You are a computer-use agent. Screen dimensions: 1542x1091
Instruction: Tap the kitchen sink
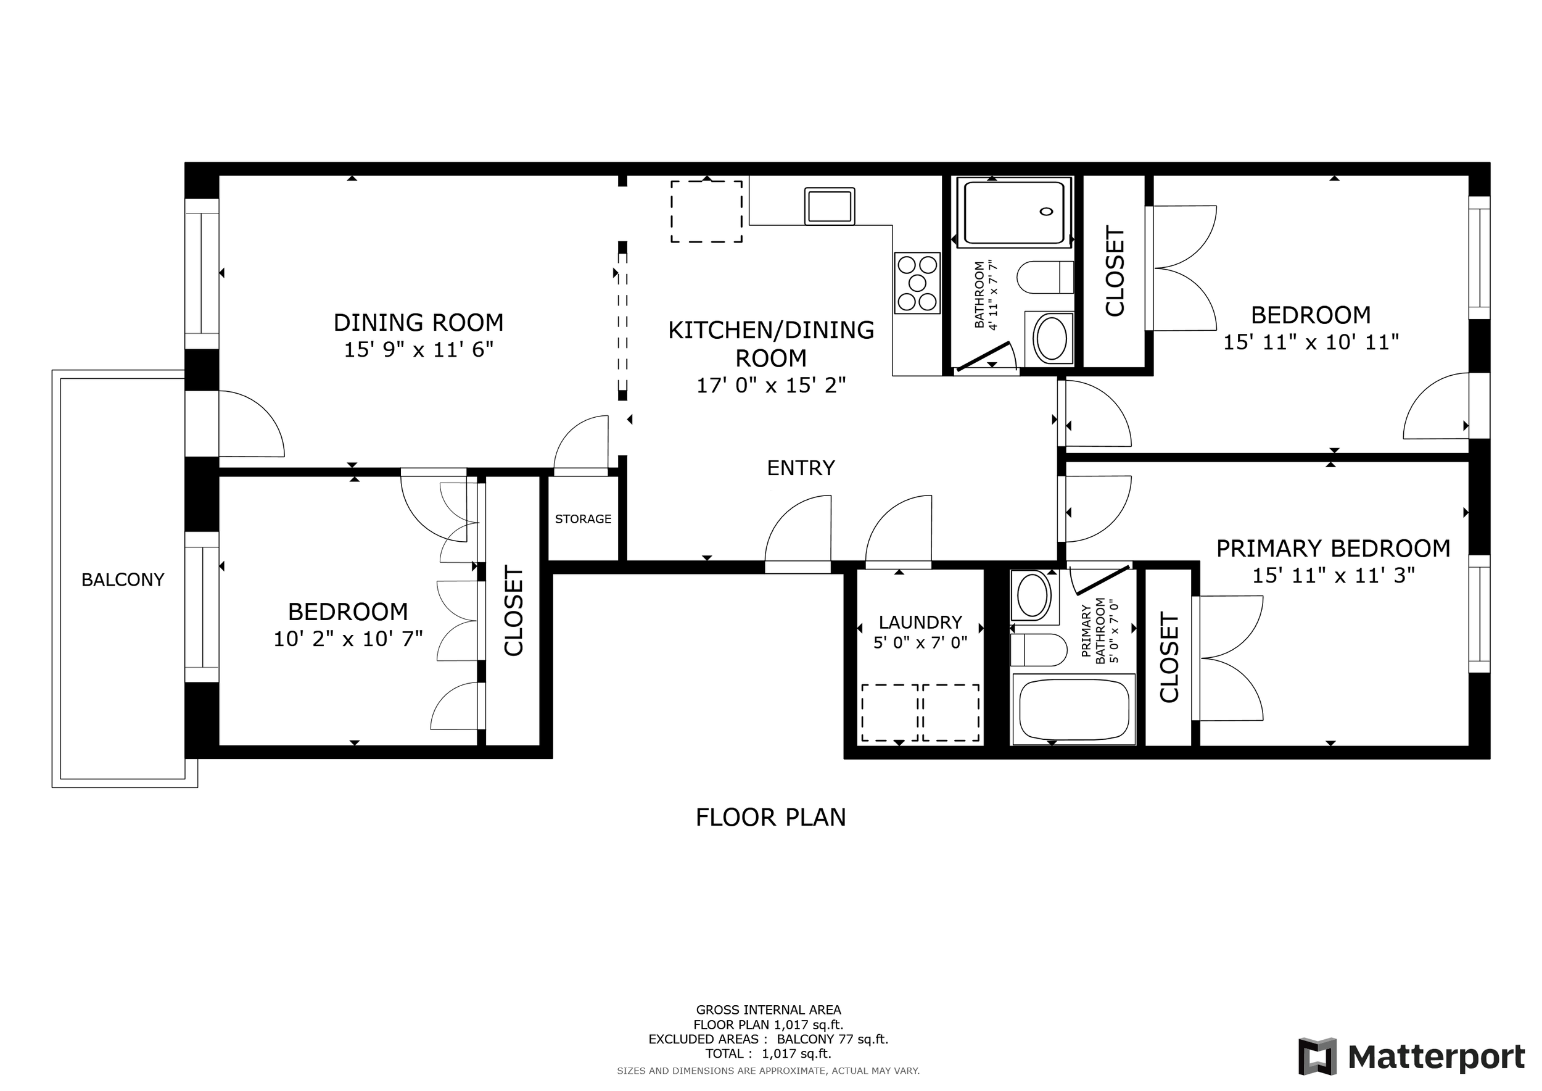(830, 205)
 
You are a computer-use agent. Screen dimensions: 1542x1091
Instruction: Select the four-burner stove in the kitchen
(917, 283)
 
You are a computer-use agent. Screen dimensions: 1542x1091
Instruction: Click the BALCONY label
(123, 580)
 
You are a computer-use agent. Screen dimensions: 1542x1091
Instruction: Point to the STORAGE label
(583, 518)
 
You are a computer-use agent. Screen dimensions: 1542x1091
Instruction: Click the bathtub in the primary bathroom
(1074, 710)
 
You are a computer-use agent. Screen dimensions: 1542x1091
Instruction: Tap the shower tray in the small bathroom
(1014, 212)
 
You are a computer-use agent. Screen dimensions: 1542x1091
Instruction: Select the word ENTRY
(801, 468)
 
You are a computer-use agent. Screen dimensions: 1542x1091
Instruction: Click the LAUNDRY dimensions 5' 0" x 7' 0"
(920, 642)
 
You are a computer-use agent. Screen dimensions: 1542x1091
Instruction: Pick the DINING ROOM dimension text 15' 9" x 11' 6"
(418, 349)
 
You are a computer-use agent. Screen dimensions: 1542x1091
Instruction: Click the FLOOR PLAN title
(770, 818)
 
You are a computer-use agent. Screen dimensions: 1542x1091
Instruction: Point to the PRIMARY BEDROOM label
(1333, 548)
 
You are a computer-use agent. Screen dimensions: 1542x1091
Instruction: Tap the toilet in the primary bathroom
(1039, 650)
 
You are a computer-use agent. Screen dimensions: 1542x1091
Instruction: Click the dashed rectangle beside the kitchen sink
(706, 211)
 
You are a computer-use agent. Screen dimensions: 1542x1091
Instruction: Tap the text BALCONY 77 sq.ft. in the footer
(832, 1039)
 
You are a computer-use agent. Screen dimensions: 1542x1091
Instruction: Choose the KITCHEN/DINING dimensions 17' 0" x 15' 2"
(771, 385)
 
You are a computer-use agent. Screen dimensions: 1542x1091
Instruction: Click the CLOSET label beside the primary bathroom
(1169, 657)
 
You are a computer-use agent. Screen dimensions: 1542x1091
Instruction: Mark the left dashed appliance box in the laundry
(890, 713)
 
